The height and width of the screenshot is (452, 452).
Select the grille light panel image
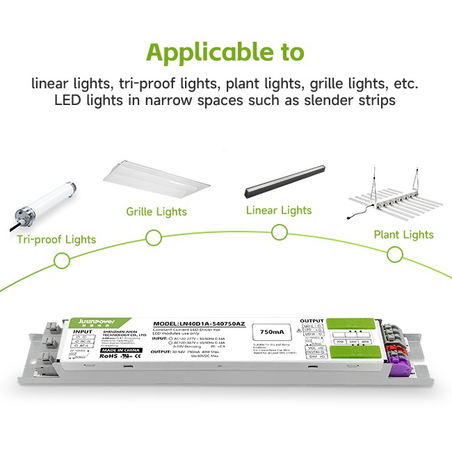pyautogui.click(x=156, y=177)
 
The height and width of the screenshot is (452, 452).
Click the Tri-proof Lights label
pyautogui.click(x=57, y=240)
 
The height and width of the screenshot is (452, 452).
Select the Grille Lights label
pyautogui.click(x=156, y=211)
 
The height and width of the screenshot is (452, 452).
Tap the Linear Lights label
pyautogui.click(x=279, y=209)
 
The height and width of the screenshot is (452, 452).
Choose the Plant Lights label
pyautogui.click(x=403, y=234)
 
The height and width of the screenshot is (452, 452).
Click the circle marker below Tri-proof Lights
pyautogui.click(x=62, y=261)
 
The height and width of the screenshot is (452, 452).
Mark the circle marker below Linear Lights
pyautogui.click(x=280, y=232)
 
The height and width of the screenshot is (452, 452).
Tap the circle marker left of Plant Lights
pyautogui.click(x=395, y=255)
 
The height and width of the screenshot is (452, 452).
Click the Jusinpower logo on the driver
pyautogui.click(x=94, y=323)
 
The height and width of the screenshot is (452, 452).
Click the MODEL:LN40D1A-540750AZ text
pyautogui.click(x=198, y=325)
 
